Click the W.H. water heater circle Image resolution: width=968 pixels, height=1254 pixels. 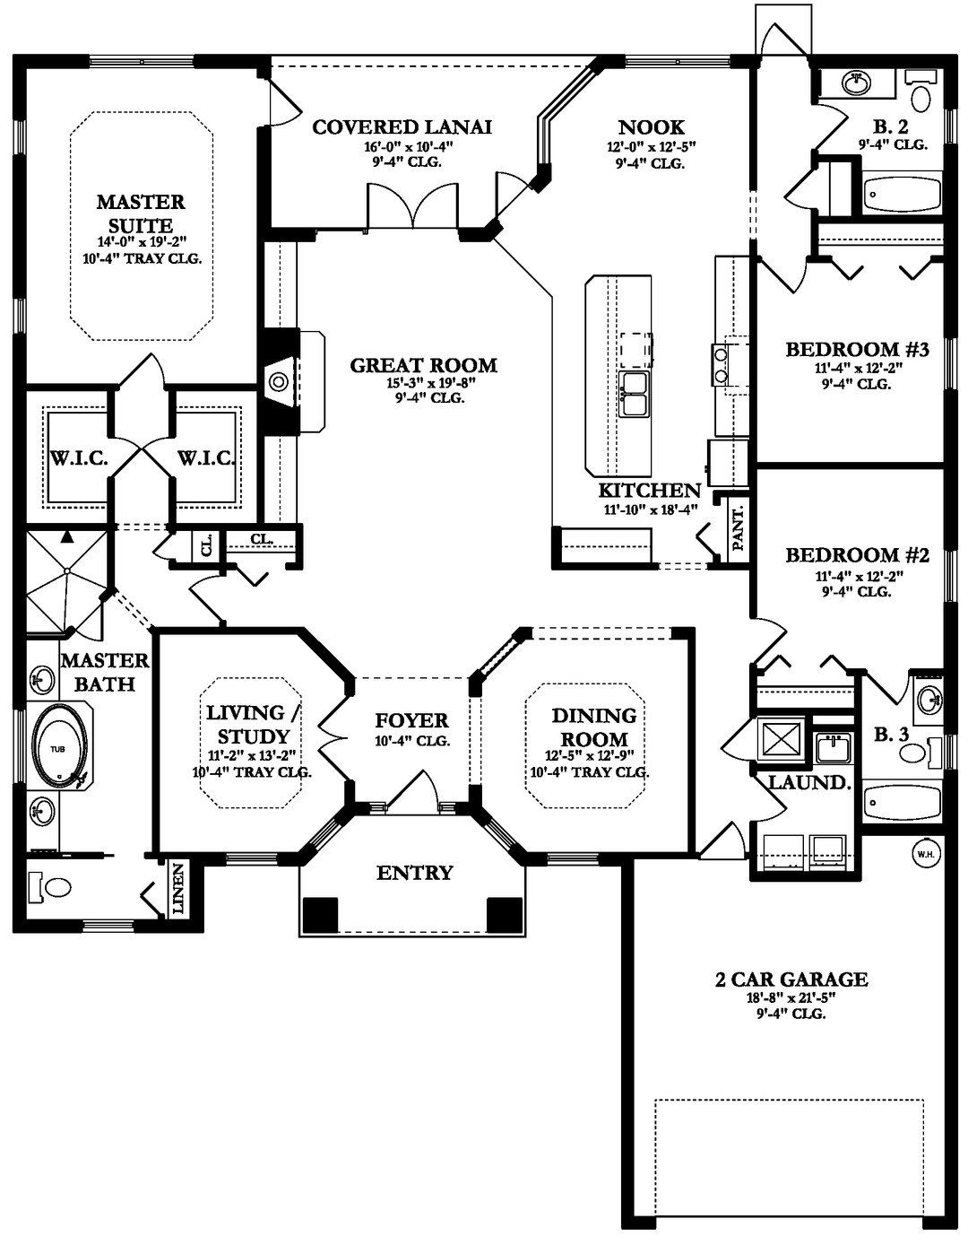pyautogui.click(x=926, y=854)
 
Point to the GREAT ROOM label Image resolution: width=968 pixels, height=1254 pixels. pyautogui.click(x=424, y=365)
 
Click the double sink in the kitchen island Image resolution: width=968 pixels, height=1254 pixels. pyautogui.click(x=634, y=394)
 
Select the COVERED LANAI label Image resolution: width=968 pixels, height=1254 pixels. pyautogui.click(x=402, y=126)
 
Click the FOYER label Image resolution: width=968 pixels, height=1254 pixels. pyautogui.click(x=411, y=720)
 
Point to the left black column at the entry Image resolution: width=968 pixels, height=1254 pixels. pyautogui.click(x=320, y=914)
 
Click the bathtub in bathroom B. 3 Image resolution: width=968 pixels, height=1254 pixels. pyautogui.click(x=902, y=803)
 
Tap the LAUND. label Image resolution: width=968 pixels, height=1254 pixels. pyautogui.click(x=810, y=782)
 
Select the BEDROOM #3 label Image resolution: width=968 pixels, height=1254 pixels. pyautogui.click(x=857, y=349)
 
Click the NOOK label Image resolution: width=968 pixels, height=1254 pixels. pyautogui.click(x=652, y=126)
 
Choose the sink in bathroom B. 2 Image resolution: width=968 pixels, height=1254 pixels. pyautogui.click(x=857, y=83)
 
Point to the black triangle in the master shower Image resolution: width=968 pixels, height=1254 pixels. pyautogui.click(x=67, y=536)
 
